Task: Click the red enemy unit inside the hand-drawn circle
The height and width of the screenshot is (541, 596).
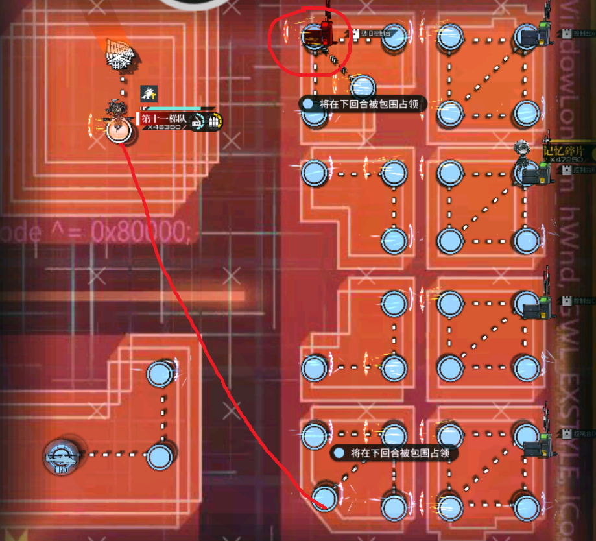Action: pos(319,35)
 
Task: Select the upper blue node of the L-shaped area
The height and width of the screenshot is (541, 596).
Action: pos(159,373)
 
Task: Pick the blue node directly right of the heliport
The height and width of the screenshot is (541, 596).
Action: pos(159,457)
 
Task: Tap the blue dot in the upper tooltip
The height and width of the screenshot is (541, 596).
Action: pos(309,104)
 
